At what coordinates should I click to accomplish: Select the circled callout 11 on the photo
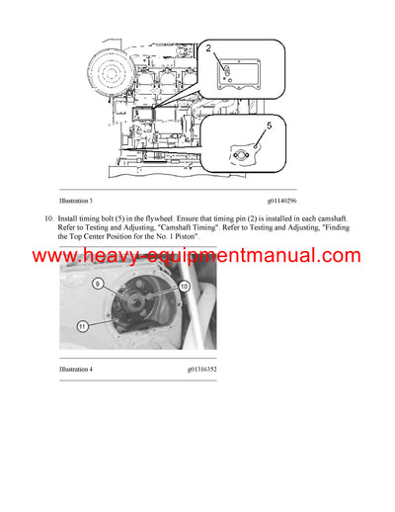(x=83, y=326)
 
